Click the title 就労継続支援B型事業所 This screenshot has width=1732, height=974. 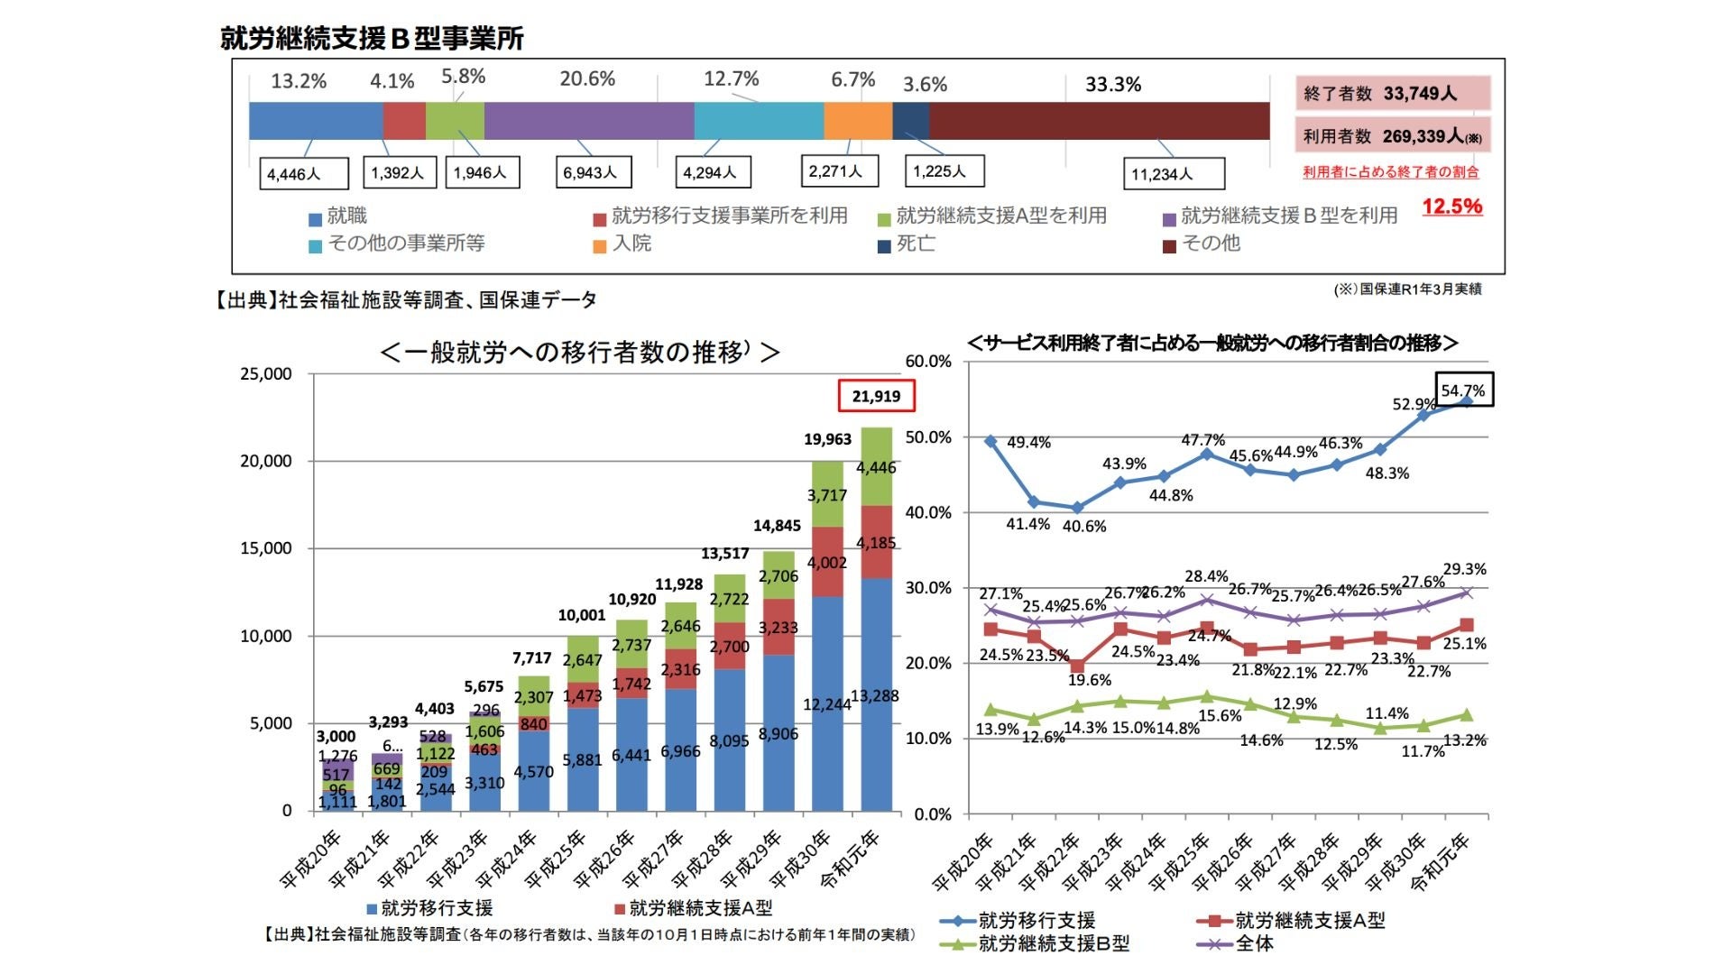372,39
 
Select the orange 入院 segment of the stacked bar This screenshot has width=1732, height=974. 857,121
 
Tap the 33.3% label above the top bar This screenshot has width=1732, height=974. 1112,85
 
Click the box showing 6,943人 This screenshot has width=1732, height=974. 592,172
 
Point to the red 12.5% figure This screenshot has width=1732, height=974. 1451,207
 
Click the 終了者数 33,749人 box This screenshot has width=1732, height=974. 1392,94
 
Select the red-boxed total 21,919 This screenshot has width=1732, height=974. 876,396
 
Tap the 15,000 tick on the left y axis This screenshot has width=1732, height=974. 265,548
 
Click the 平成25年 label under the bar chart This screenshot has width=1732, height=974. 555,859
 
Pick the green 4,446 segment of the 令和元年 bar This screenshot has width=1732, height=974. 876,467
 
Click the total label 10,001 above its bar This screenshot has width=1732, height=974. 582,615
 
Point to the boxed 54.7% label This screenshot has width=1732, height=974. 1463,391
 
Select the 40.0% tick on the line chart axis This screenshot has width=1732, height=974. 927,512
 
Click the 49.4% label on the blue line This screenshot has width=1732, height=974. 1028,443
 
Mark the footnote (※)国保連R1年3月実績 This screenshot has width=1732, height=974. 1407,289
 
